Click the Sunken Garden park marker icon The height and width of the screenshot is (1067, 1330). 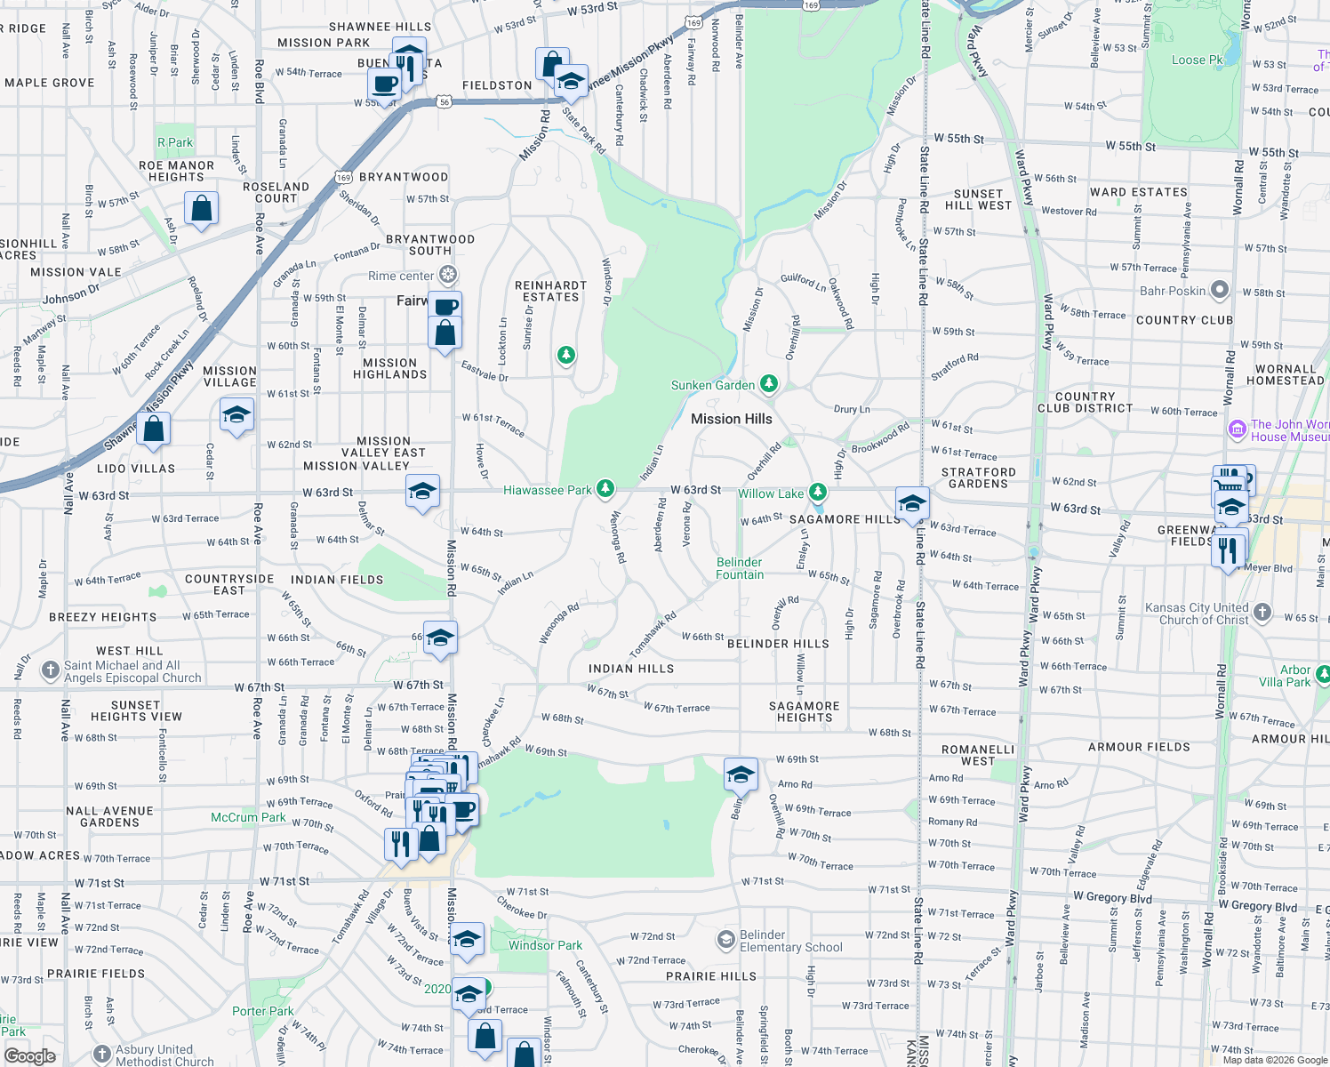(x=769, y=384)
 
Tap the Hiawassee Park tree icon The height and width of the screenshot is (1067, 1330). (x=605, y=488)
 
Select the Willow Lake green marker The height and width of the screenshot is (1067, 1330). (x=818, y=492)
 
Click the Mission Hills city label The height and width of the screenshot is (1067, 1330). (x=731, y=419)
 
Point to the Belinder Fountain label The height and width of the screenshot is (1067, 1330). (x=740, y=568)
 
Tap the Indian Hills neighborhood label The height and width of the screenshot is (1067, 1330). (x=631, y=669)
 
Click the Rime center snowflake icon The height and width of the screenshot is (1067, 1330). (x=449, y=275)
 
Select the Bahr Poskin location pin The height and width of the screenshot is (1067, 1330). (x=1220, y=290)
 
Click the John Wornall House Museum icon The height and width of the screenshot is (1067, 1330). (x=1237, y=430)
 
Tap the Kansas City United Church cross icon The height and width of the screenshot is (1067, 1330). (x=1263, y=614)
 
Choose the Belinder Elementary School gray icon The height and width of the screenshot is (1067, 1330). (x=726, y=939)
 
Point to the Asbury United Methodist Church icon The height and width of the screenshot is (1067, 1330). (x=102, y=1055)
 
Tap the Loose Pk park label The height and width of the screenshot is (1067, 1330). (x=1197, y=60)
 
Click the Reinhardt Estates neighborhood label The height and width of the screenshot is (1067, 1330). (x=550, y=292)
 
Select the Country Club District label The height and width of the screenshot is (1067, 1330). (x=1085, y=403)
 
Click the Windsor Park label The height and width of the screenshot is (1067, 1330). (x=545, y=945)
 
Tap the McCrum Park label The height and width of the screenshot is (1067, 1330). (x=248, y=817)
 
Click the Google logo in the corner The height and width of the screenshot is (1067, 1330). (x=29, y=1056)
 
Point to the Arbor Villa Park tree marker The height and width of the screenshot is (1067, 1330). (x=1323, y=675)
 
